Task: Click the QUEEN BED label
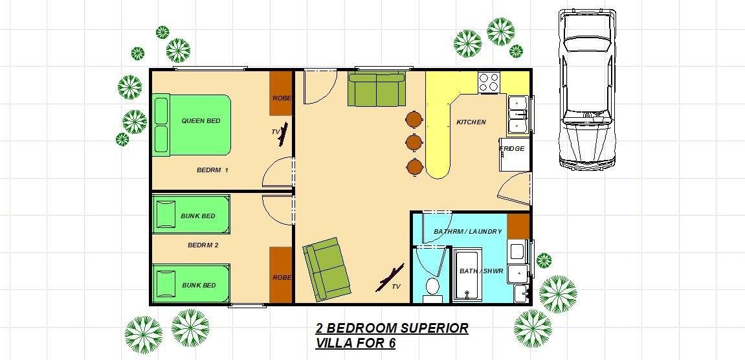(x=201, y=121)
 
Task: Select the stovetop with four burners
(x=489, y=82)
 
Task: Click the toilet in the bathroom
(x=432, y=289)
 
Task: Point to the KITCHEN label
(x=471, y=122)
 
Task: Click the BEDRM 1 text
(x=212, y=170)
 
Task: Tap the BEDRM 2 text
(x=203, y=245)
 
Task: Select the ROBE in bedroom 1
(x=282, y=93)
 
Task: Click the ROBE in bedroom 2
(x=282, y=275)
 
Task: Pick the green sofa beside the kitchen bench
(x=377, y=89)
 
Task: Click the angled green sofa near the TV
(x=328, y=269)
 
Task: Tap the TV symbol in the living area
(x=390, y=278)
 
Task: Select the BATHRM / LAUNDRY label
(x=467, y=232)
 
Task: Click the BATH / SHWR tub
(x=467, y=274)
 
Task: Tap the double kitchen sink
(x=518, y=115)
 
